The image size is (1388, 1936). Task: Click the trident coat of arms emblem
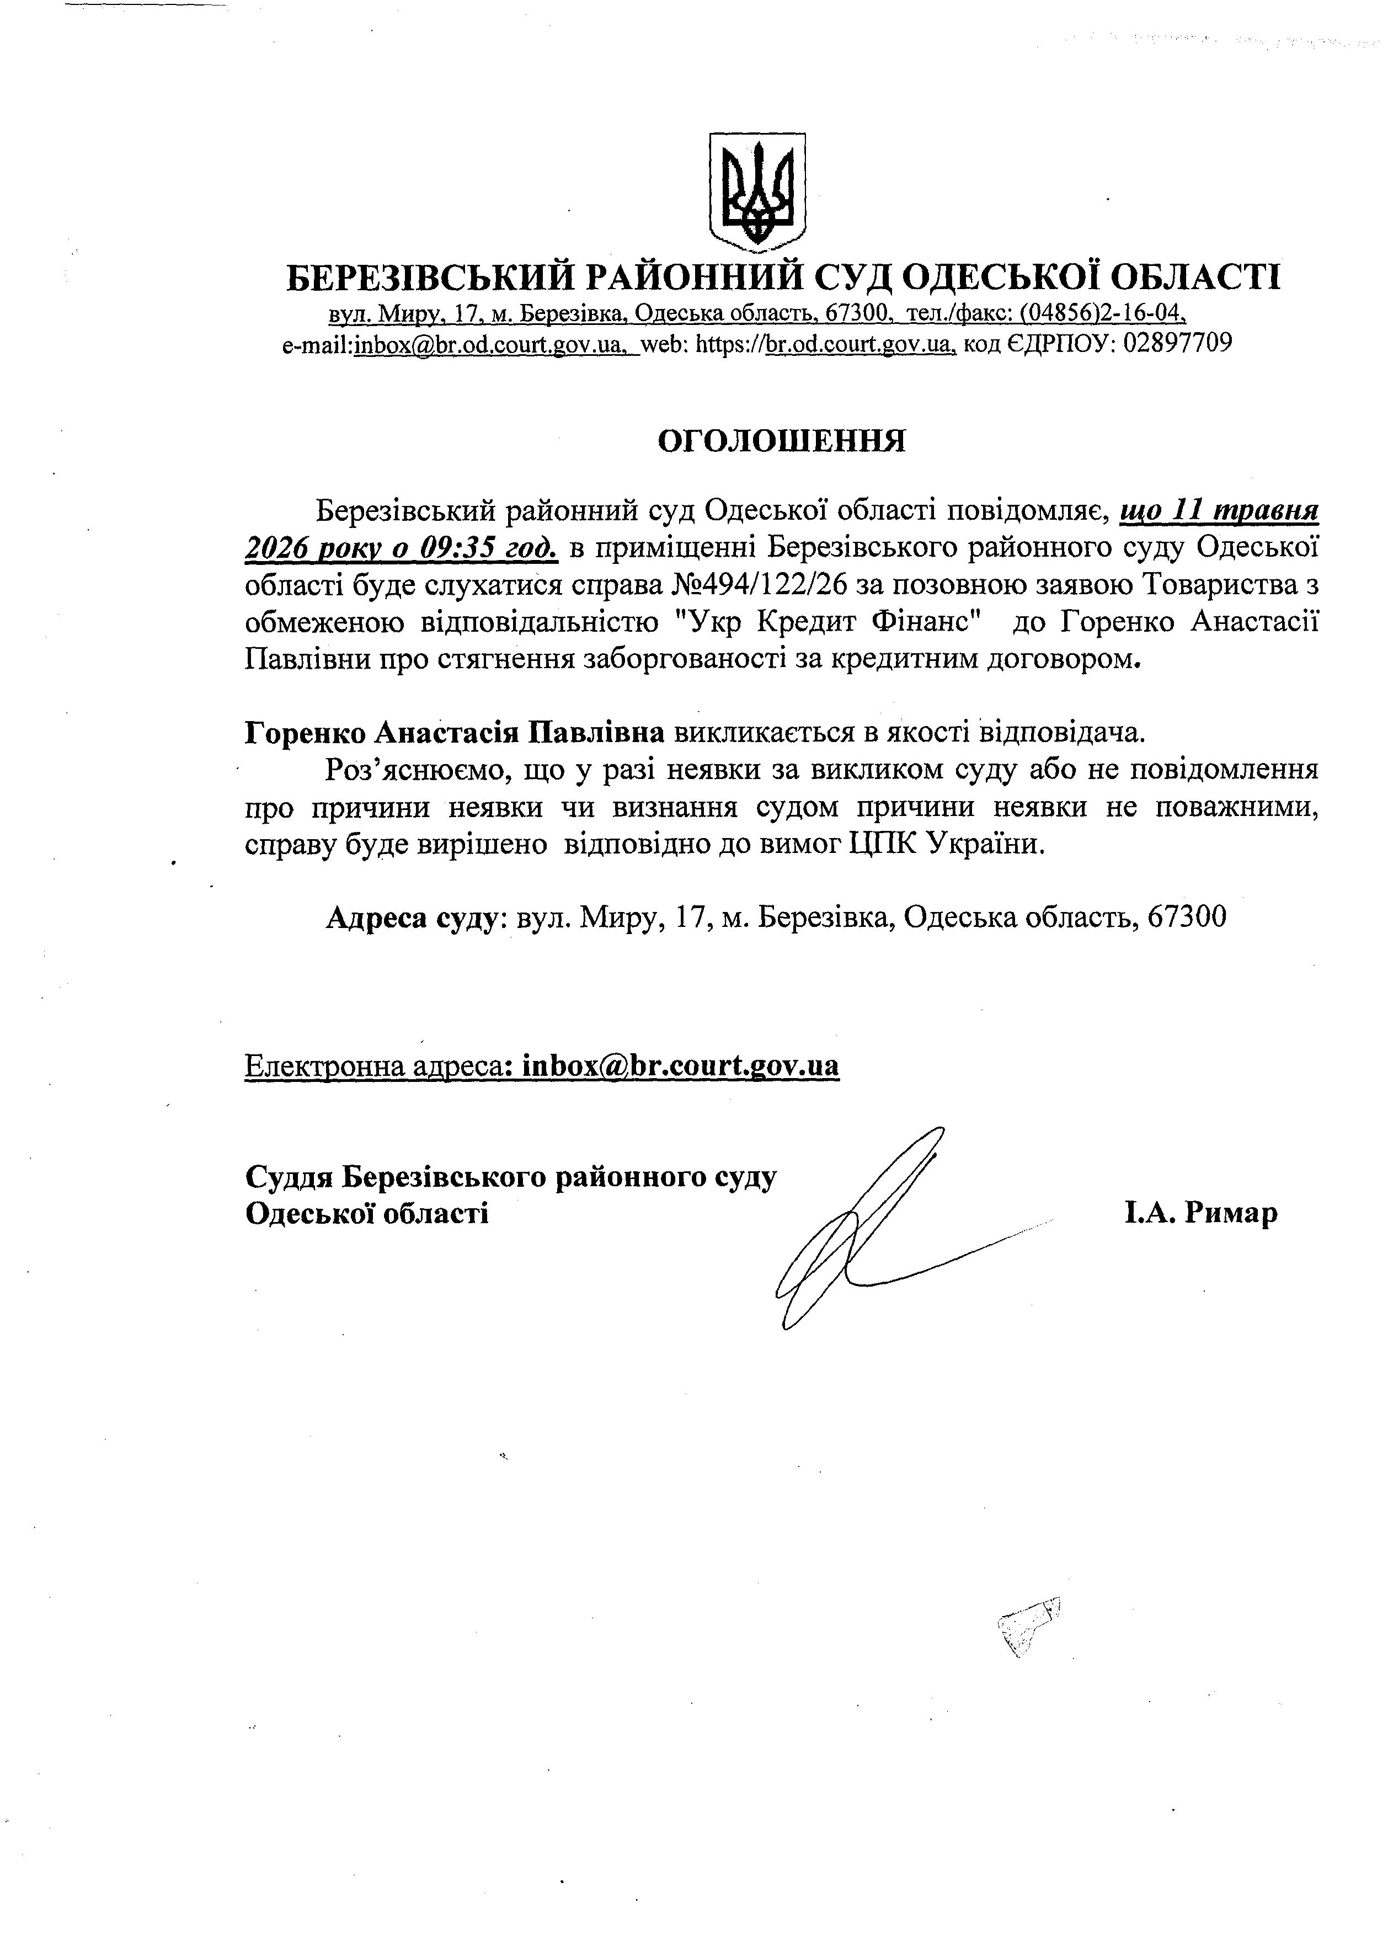(x=757, y=192)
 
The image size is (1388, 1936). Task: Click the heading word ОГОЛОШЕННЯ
(x=781, y=441)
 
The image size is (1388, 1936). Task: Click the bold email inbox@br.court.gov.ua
(x=680, y=1065)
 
